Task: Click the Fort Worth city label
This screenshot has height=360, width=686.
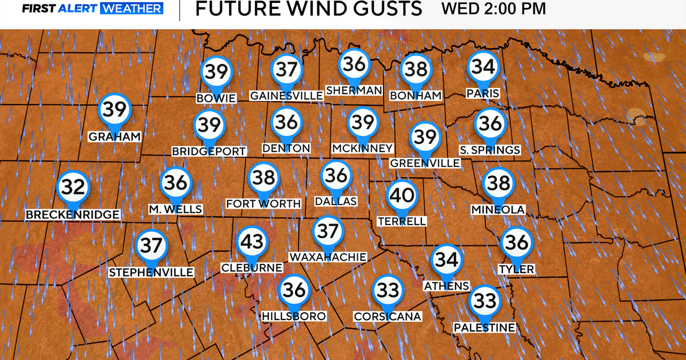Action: (x=263, y=203)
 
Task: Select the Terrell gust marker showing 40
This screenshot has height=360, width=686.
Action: (x=401, y=196)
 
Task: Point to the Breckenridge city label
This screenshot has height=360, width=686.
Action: (x=73, y=214)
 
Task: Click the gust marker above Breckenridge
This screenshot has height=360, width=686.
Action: (x=74, y=187)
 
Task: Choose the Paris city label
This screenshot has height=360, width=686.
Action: (x=483, y=93)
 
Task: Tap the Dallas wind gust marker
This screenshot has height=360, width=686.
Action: (x=336, y=175)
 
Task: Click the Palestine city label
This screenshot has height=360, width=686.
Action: (x=484, y=327)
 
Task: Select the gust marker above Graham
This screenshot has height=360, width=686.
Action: (x=114, y=110)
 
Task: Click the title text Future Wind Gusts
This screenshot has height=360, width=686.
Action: (x=308, y=9)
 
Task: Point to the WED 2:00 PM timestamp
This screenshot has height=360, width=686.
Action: (x=494, y=9)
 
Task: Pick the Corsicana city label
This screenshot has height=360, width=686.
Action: (x=387, y=317)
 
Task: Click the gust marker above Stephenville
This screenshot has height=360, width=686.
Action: (x=151, y=246)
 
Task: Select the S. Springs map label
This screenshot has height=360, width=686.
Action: (x=490, y=150)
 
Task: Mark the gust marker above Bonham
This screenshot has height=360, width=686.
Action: (x=415, y=70)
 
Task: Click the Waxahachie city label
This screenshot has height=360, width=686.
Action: (x=328, y=257)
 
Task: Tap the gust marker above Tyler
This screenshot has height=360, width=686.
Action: (x=517, y=243)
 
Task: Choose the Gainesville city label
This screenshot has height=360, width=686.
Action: (x=286, y=95)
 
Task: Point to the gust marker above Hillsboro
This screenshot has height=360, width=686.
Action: (x=294, y=290)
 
